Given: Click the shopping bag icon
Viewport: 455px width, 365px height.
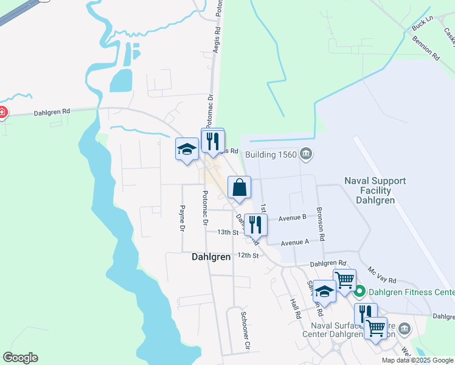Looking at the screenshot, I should coord(239,187).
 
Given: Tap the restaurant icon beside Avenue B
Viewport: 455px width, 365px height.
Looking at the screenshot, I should coord(255,224).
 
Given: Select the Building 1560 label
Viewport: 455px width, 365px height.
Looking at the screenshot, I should coord(271,155).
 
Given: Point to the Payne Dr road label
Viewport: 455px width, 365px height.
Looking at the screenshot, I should coord(181,218).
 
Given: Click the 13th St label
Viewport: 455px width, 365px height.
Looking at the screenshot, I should coord(228,232).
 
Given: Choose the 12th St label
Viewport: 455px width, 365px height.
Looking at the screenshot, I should coord(248,255).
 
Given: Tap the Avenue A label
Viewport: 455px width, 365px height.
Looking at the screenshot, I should coord(295,242).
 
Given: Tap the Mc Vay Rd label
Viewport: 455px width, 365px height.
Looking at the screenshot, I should coord(382,274).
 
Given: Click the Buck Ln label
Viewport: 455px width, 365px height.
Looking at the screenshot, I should coord(421,25).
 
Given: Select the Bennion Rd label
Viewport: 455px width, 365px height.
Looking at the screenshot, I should coord(426,47).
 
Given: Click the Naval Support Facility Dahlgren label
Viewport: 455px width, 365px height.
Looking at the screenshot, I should coord(375,190).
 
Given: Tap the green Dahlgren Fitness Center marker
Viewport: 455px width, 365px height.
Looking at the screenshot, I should coord(359,292).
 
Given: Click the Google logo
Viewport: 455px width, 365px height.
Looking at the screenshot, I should coord(20,358).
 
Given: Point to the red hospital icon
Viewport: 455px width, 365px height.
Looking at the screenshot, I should coord(2,112).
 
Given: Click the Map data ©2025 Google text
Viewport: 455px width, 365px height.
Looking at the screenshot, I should coord(417,360).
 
